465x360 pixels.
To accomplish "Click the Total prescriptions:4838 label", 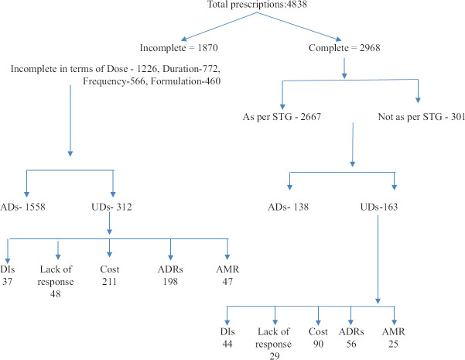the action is [257, 4].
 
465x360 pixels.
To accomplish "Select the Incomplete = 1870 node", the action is [179, 48].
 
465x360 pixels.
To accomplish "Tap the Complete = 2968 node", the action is [344, 48].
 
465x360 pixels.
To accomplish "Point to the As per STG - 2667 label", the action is [282, 117].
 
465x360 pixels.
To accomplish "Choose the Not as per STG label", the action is [410, 117].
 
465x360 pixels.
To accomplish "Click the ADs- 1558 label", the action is [23, 207].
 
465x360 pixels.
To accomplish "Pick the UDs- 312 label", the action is [111, 207].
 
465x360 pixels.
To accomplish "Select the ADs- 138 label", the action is [288, 207].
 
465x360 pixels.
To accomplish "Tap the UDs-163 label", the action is [379, 207].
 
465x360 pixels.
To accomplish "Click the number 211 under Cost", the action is [109, 281].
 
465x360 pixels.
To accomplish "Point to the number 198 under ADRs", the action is [170, 281].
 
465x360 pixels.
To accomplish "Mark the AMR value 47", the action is [227, 281].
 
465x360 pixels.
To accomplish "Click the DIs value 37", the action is [8, 281].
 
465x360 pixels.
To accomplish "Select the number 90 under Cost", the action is [318, 344].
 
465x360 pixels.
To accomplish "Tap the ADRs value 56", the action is [351, 344].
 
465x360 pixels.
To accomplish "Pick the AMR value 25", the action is [393, 344].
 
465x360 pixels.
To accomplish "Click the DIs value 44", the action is [227, 344].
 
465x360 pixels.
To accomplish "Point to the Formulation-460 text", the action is [186, 81].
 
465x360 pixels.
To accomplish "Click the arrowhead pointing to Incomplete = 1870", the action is [184, 39].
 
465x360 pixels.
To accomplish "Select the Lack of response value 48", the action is [56, 294].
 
